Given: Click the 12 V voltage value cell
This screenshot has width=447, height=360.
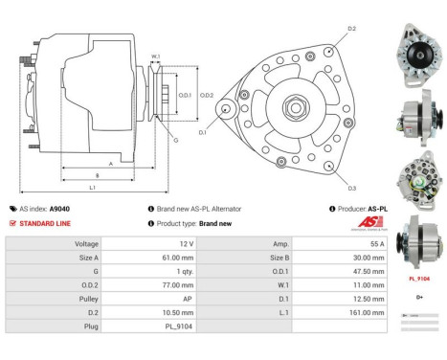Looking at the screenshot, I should (x=186, y=244).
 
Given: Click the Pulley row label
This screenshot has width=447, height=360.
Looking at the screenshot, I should (x=87, y=298).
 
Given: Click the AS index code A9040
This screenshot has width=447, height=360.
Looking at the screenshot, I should (x=59, y=208).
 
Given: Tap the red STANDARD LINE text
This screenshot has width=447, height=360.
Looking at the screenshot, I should (x=45, y=223).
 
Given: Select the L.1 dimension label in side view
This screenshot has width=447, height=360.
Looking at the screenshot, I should (x=91, y=187).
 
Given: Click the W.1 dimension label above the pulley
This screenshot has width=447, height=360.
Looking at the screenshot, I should (x=155, y=56).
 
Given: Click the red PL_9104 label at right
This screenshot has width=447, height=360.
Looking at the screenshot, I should (x=418, y=279).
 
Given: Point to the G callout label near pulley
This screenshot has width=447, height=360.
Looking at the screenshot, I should (x=175, y=141).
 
